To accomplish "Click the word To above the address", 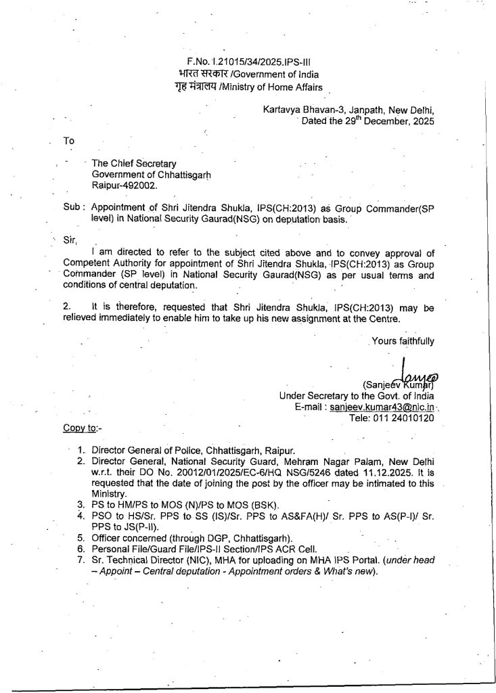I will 68,141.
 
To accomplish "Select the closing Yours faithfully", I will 403,341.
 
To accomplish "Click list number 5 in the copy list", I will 80,537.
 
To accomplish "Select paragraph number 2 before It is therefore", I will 66,307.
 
